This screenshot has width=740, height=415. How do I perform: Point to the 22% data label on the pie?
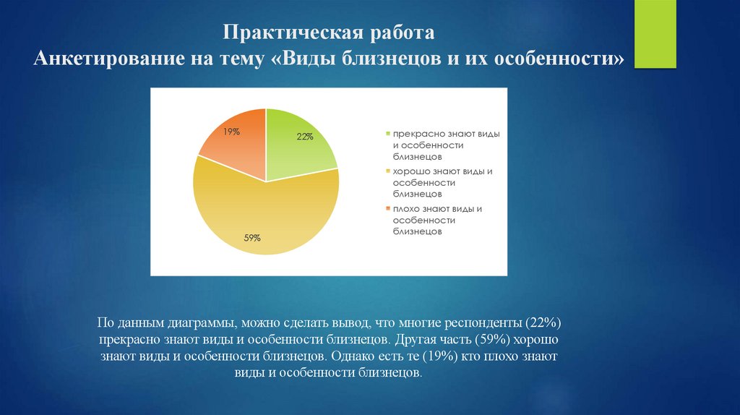[x=304, y=137]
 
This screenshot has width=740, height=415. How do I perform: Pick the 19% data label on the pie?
[x=231, y=132]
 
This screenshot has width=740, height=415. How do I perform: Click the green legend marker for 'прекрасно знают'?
[x=388, y=134]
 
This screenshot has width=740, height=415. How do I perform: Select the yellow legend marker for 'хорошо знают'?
[x=388, y=171]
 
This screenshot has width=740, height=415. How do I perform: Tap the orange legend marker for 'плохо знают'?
[x=388, y=209]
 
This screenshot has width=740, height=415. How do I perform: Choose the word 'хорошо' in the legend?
[x=410, y=171]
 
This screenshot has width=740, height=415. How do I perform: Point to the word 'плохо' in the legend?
[x=407, y=209]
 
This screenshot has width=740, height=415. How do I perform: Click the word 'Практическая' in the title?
[x=278, y=34]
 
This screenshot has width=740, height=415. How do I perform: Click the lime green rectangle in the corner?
[x=655, y=34]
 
